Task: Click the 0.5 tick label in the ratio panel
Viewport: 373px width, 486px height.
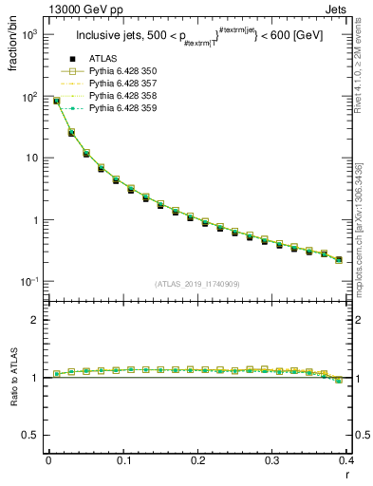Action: (28, 436)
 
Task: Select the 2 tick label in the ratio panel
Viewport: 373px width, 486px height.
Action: (33, 320)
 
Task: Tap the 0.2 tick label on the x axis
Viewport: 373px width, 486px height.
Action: (197, 460)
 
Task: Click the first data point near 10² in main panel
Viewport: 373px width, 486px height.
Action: (56, 101)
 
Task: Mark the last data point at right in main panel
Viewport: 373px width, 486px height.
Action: (339, 259)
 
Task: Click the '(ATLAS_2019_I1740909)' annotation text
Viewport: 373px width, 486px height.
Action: (196, 284)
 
